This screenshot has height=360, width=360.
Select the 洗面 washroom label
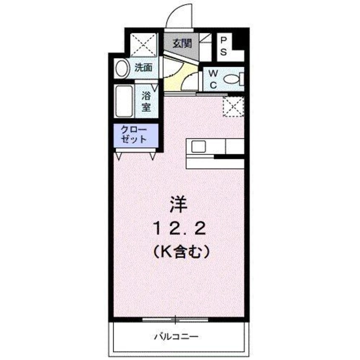tap(143, 67)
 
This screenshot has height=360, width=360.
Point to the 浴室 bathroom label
tap(146, 102)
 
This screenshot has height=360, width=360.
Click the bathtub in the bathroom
tap(124, 102)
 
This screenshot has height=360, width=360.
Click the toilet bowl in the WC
tap(232, 79)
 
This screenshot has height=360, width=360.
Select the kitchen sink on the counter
tap(198, 147)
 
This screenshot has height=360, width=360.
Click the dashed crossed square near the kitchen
tap(233, 106)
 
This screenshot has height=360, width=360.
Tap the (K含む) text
tap(180, 252)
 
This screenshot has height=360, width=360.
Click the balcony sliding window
tap(175, 319)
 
